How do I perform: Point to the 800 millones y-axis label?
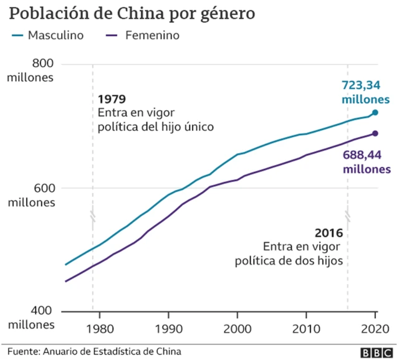31,70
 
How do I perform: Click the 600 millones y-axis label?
31,195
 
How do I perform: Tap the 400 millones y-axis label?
31,318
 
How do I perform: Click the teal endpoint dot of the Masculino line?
375,113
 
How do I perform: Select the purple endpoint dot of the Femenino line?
375,133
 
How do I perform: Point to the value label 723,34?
365,86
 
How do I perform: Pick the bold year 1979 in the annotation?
112,99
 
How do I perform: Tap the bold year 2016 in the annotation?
329,233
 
